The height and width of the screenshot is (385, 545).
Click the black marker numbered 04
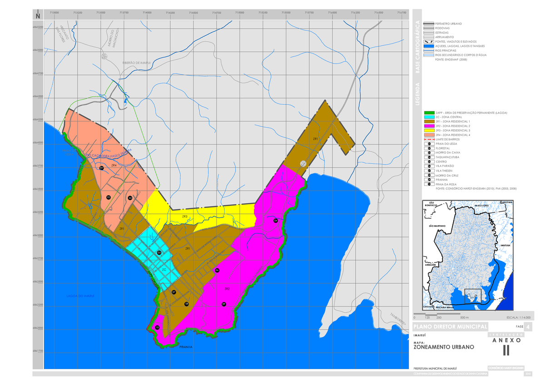(276, 221)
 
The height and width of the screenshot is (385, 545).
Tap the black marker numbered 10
(157, 327)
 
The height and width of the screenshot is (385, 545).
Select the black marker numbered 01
(102, 168)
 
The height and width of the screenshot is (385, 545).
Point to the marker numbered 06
(217, 271)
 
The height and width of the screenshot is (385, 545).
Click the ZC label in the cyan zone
(164, 270)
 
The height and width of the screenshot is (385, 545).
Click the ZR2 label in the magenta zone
(227, 289)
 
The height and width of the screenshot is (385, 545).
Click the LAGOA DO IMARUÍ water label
(80, 296)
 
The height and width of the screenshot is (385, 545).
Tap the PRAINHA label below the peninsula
(186, 347)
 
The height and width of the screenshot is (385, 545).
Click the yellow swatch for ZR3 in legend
(428, 131)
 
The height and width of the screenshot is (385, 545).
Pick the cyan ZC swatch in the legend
(428, 117)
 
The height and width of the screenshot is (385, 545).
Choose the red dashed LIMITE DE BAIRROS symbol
(428, 139)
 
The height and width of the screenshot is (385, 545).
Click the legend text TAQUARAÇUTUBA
(447, 157)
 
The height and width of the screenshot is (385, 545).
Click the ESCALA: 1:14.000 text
(511, 317)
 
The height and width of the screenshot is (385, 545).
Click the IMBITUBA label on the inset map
(506, 245)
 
